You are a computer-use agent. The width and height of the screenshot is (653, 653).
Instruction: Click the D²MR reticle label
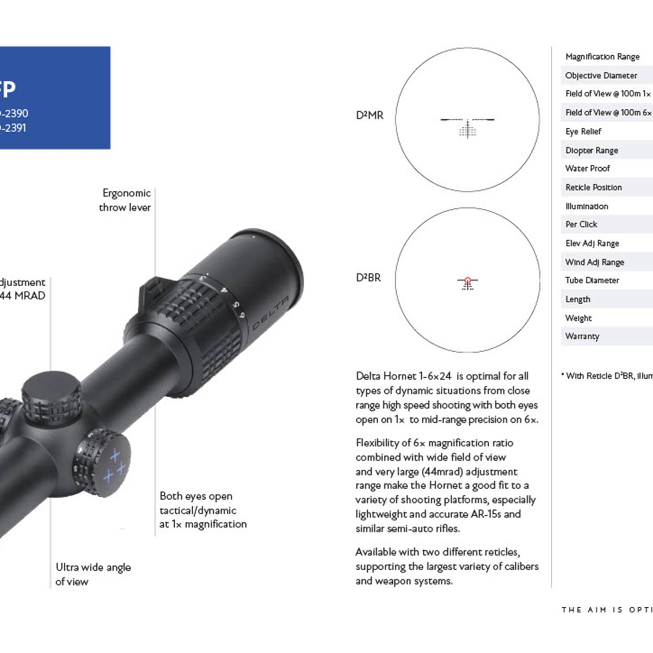pyautogui.click(x=369, y=115)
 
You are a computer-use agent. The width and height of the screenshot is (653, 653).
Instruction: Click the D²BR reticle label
pyautogui.click(x=368, y=278)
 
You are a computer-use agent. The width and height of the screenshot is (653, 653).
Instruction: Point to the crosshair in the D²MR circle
pyautogui.click(x=467, y=120)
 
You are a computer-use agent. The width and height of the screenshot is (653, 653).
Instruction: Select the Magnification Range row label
pyautogui.click(x=602, y=57)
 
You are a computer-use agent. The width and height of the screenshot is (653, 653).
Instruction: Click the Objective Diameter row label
pyautogui.click(x=601, y=76)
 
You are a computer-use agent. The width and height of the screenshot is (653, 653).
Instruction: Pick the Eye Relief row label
pyautogui.click(x=583, y=132)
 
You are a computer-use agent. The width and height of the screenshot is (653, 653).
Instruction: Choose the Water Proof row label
pyautogui.click(x=587, y=169)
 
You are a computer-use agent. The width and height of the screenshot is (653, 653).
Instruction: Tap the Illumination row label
pyautogui.click(x=587, y=206)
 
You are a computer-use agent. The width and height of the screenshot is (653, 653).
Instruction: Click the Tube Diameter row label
pyautogui.click(x=592, y=280)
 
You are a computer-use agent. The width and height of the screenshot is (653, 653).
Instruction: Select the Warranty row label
pyautogui.click(x=582, y=336)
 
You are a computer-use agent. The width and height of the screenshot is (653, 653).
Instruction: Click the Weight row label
pyautogui.click(x=578, y=318)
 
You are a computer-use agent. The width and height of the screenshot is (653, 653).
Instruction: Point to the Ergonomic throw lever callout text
pyautogui.click(x=125, y=200)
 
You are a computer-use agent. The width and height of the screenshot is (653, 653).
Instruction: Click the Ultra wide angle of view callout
pyautogui.click(x=93, y=574)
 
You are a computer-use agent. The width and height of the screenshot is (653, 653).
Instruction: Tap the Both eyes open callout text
pyautogui.click(x=202, y=510)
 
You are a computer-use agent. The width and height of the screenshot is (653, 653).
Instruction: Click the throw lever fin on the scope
pyautogui.click(x=150, y=294)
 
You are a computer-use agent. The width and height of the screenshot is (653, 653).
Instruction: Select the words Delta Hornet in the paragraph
pyautogui.click(x=386, y=376)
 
